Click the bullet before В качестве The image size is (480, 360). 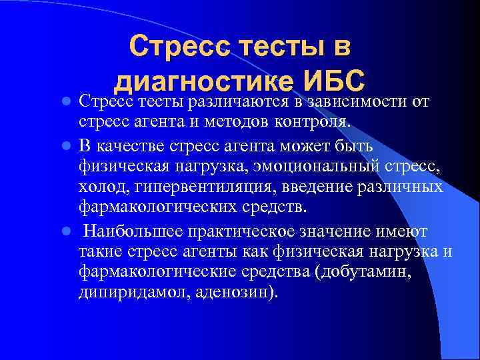coord(66,145)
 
